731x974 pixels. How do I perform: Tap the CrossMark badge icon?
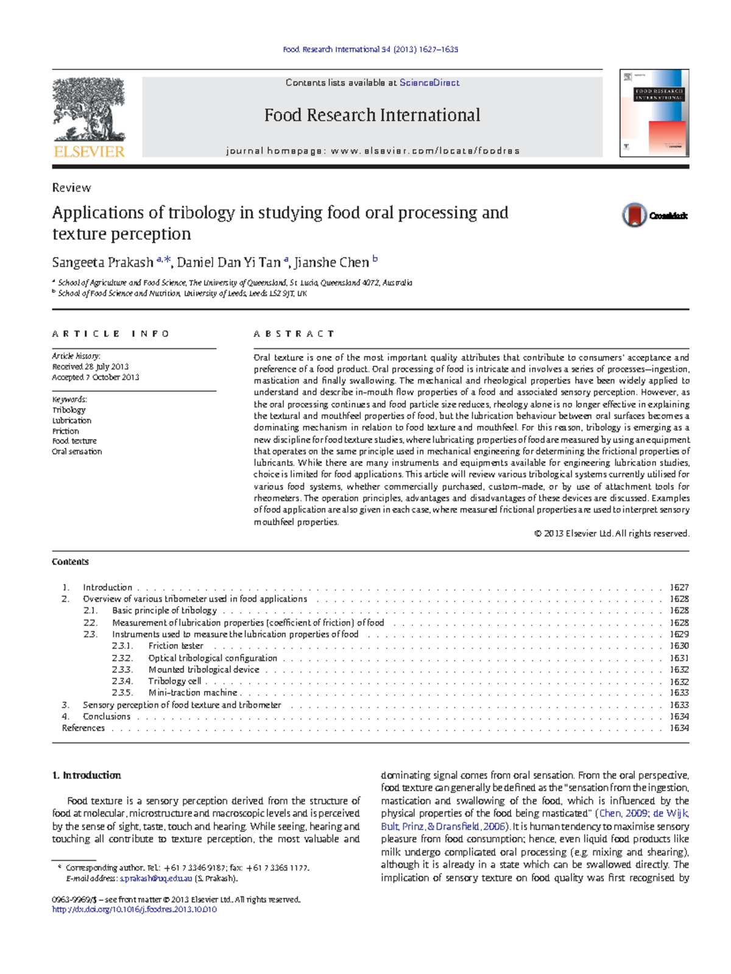click(635, 215)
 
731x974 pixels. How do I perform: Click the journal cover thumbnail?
click(654, 113)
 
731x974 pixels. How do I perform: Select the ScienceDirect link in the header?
click(429, 83)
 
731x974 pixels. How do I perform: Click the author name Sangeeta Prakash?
click(102, 263)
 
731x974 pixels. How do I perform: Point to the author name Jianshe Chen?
click(331, 263)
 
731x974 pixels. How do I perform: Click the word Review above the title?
click(71, 188)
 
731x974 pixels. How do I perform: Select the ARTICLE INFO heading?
click(110, 334)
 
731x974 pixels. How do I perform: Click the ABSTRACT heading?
click(294, 334)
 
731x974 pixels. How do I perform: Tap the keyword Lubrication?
click(72, 420)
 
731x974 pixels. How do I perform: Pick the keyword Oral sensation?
click(77, 451)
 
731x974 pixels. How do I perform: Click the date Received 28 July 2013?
click(90, 367)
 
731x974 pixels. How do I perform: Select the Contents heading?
click(70, 562)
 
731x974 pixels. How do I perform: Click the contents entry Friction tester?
click(175, 646)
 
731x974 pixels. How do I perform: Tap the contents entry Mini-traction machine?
click(192, 693)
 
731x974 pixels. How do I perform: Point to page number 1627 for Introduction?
click(679, 587)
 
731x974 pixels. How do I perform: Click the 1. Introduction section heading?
click(87, 775)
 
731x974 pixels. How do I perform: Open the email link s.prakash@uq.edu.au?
click(156, 878)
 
